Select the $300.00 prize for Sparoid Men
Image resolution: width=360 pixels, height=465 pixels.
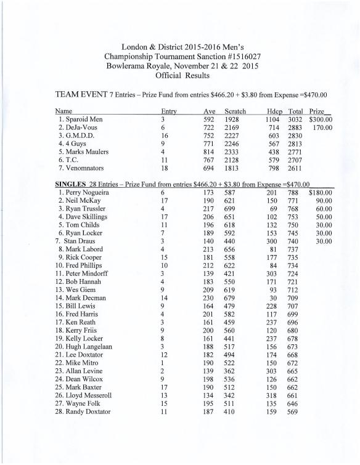321,119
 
